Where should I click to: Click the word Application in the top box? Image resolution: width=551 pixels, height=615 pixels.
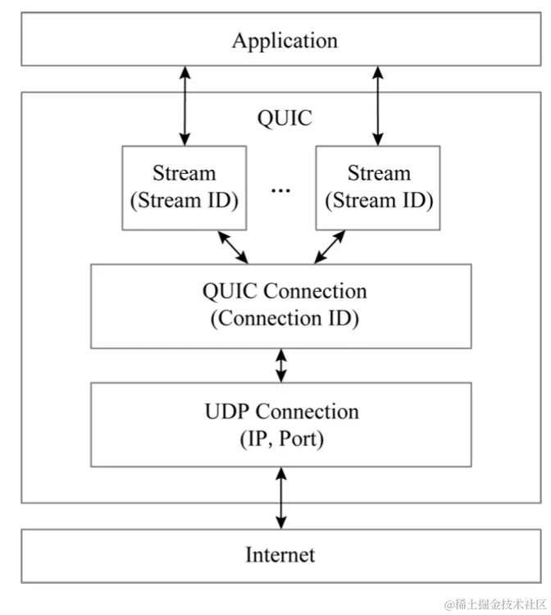click(285, 40)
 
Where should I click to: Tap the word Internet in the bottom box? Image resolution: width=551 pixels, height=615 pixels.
click(280, 555)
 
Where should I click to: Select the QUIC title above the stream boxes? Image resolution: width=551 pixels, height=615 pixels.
click(285, 118)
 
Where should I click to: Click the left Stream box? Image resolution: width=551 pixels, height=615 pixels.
click(184, 187)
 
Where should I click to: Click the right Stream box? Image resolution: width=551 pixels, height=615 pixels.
click(378, 187)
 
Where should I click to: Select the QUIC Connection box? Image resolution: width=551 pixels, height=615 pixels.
click(281, 306)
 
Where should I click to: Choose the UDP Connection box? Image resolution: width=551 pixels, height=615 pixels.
click(281, 425)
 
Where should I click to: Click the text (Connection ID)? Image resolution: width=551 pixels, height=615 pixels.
click(285, 319)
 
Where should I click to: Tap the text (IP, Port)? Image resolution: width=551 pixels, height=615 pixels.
click(281, 439)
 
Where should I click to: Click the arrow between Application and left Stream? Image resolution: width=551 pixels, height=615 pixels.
click(184, 106)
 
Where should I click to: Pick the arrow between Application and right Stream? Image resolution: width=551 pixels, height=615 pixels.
click(378, 106)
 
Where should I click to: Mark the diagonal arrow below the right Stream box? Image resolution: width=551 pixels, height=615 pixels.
click(329, 247)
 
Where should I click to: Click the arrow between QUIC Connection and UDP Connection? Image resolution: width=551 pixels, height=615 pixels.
click(281, 366)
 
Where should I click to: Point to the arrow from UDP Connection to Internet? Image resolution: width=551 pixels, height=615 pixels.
click(281, 498)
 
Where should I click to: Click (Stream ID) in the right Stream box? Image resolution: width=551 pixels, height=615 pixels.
click(378, 200)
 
